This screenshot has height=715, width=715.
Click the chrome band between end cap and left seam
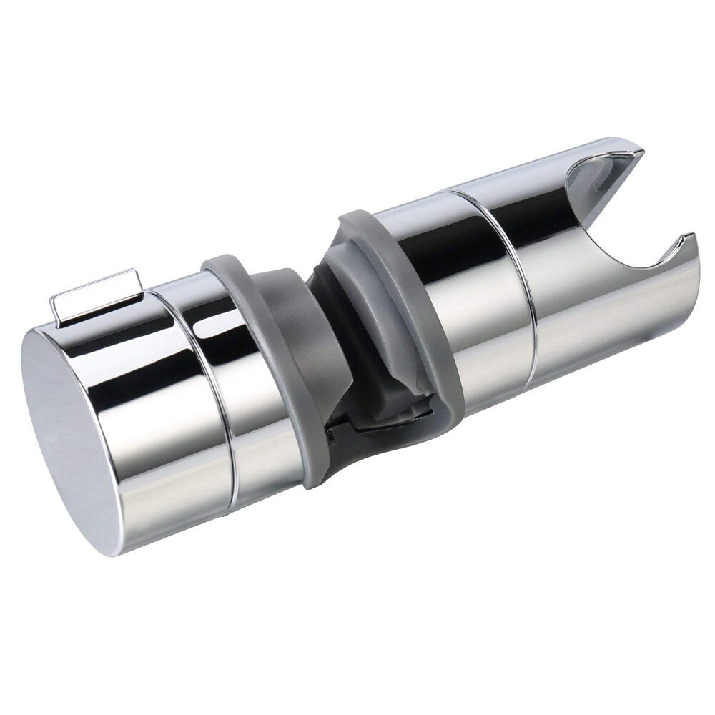pyautogui.click(x=157, y=400)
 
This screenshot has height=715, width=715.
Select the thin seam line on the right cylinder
pyautogui.click(x=529, y=286)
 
